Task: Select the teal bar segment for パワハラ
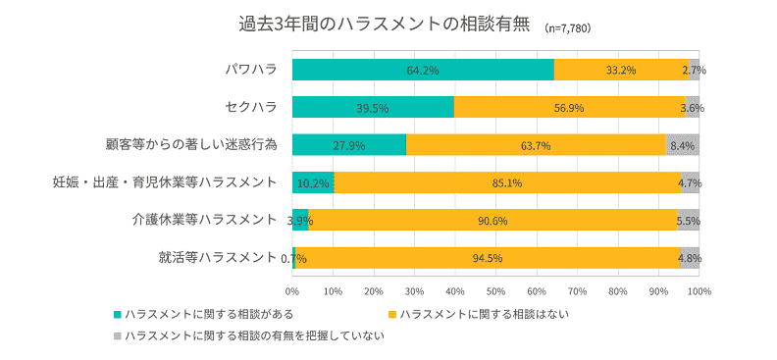[x=423, y=70]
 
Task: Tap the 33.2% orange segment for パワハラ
[x=621, y=70]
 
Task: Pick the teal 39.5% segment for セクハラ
[x=373, y=107]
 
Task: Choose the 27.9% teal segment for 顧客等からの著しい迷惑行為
[x=348, y=145]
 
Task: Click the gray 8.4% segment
[x=682, y=145]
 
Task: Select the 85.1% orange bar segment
[x=507, y=182]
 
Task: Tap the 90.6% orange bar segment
[x=492, y=220]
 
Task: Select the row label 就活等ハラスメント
[x=217, y=258]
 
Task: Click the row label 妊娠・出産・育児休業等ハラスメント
[x=165, y=182]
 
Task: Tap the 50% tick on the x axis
[x=495, y=292]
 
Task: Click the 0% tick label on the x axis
[x=292, y=292]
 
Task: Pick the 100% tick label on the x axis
[x=698, y=292]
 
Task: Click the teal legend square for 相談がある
[x=118, y=314]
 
